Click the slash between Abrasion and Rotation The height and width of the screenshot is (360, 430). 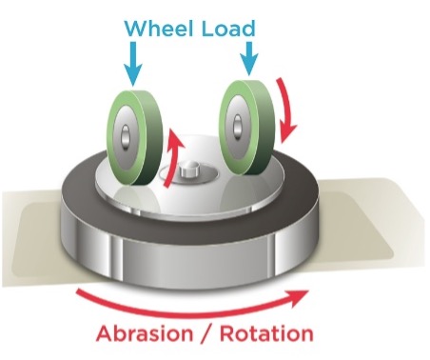coord(210,335)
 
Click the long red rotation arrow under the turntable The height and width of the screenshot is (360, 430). coord(190,303)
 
